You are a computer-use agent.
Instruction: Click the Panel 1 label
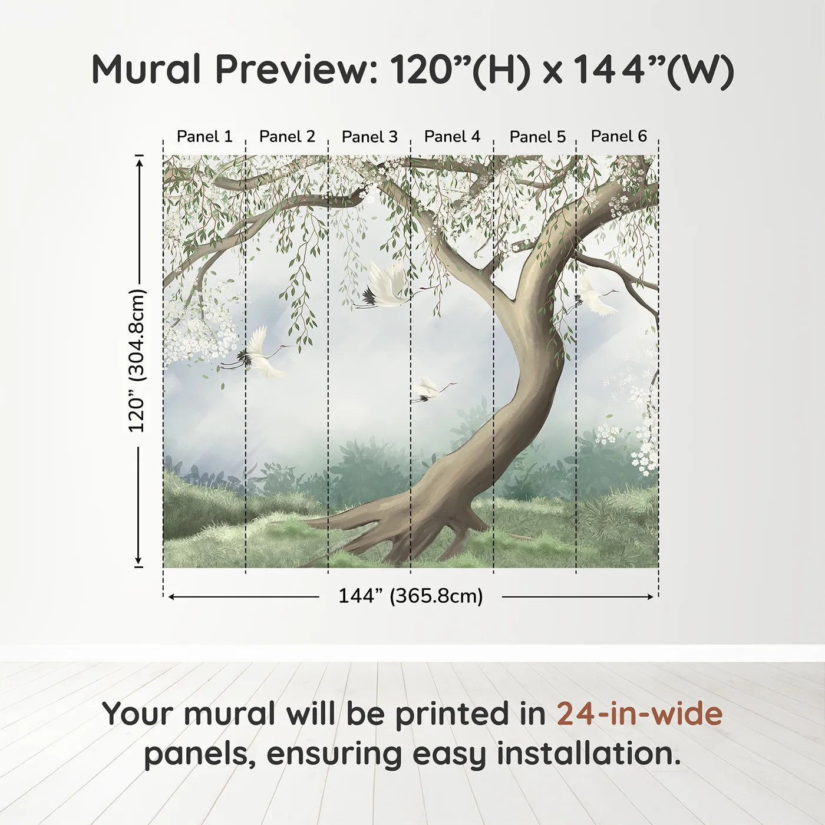204,136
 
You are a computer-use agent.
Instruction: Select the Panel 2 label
287,136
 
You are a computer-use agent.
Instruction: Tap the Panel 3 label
369,136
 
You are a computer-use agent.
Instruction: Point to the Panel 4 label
452,136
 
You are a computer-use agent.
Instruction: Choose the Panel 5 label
537,137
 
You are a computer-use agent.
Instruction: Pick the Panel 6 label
619,136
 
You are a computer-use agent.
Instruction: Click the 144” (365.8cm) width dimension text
410,596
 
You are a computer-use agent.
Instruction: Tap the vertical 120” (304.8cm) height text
137,360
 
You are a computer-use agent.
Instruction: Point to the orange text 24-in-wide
639,714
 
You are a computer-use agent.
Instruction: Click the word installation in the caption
587,754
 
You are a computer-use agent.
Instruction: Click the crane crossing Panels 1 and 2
259,354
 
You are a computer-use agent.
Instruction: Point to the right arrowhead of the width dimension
650,597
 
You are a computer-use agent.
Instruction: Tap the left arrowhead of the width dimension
171,597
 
